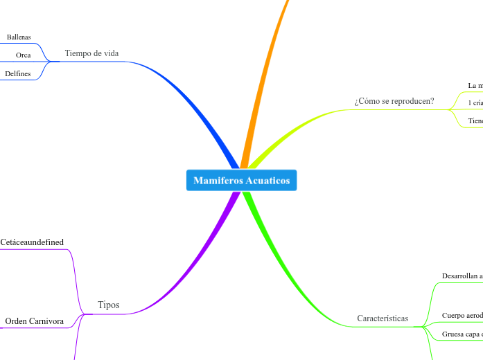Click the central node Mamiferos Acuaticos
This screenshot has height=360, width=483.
[241, 181]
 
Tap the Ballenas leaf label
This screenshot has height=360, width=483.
[19, 37]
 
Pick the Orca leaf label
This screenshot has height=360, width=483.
[24, 55]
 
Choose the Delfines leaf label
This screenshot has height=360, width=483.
[18, 73]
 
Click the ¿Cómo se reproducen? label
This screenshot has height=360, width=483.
[394, 101]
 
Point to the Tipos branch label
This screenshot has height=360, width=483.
[109, 305]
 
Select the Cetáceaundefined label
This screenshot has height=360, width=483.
[32, 242]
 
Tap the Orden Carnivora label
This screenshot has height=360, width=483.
[35, 321]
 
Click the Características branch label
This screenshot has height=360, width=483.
[383, 318]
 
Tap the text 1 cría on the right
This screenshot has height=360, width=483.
[475, 102]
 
